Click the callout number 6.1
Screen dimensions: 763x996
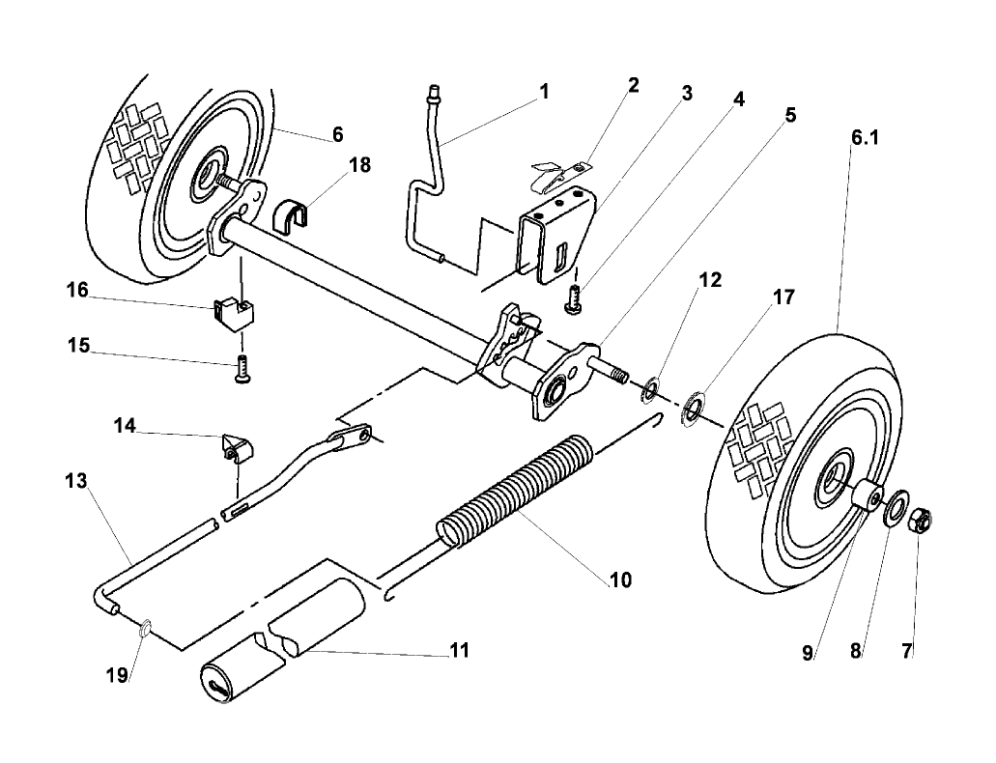point(865,138)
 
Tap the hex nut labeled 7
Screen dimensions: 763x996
point(920,521)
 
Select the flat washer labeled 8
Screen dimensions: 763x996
point(895,507)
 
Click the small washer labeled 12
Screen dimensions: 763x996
point(651,389)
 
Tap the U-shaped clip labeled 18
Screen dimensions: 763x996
point(294,217)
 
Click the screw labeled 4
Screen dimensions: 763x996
point(573,298)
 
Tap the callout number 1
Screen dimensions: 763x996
point(544,92)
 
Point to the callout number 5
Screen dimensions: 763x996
point(790,115)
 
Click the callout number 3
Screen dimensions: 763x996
point(687,94)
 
